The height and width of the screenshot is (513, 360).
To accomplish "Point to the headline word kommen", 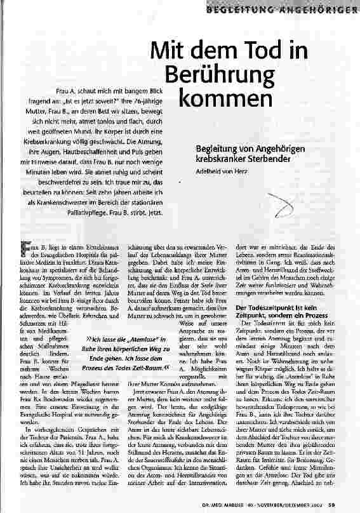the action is tap(218, 100).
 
